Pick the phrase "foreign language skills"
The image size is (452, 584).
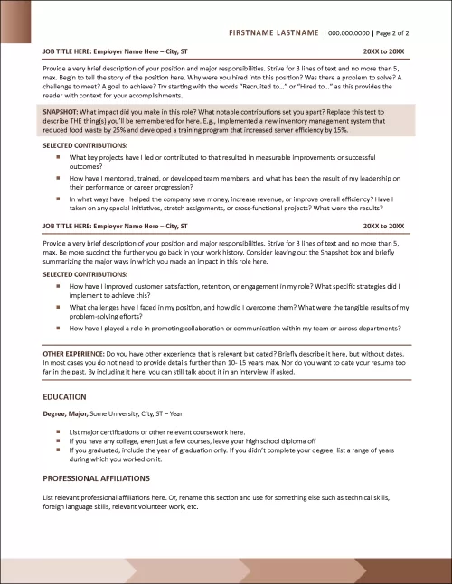[79, 506]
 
